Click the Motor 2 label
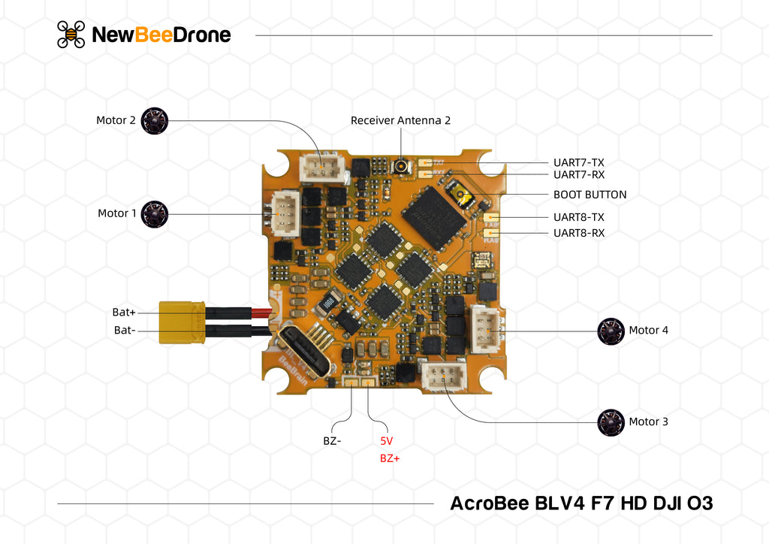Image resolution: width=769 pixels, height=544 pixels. click(x=116, y=120)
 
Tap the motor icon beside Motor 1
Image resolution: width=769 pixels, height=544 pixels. click(x=155, y=214)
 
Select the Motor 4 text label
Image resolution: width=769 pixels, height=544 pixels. click(x=648, y=331)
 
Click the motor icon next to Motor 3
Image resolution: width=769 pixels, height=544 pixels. click(x=611, y=422)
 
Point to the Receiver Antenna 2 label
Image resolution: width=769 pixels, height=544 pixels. click(x=400, y=120)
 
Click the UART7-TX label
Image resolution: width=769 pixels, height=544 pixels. click(x=578, y=162)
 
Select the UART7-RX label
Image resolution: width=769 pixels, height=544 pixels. click(x=578, y=175)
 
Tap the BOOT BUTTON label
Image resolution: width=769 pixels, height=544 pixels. click(x=590, y=195)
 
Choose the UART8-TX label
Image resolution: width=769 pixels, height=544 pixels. click(x=578, y=217)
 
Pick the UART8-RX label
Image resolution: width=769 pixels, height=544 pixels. click(x=578, y=233)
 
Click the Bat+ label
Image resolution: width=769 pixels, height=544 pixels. click(x=124, y=312)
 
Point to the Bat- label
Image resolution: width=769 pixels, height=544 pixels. click(x=125, y=330)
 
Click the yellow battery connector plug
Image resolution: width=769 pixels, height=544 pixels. click(x=181, y=322)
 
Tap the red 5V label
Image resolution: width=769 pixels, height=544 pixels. click(x=387, y=441)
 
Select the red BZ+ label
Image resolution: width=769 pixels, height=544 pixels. click(x=390, y=458)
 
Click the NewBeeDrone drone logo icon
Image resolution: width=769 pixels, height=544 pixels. click(x=71, y=35)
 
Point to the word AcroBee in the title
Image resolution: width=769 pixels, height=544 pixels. click(x=489, y=503)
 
